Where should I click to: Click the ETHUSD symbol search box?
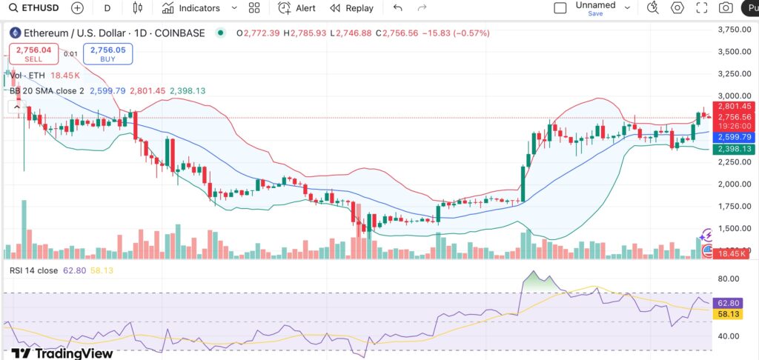click(34, 8)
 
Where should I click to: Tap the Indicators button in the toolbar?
click(191, 8)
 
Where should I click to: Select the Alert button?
click(296, 8)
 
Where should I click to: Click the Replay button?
click(352, 8)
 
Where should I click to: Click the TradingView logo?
click(62, 353)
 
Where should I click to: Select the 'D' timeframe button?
click(107, 8)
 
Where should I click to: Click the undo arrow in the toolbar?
click(398, 8)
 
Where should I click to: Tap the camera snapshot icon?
click(726, 8)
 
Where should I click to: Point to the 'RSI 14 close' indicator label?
click(34, 270)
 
